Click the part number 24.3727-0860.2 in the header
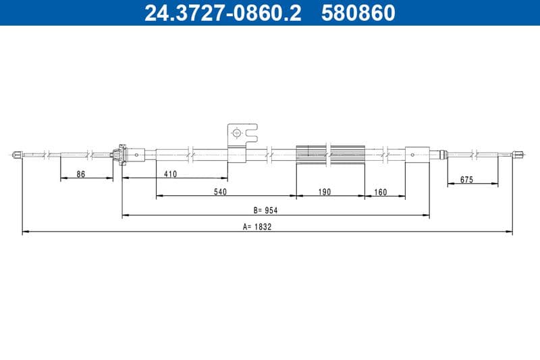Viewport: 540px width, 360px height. point(223,13)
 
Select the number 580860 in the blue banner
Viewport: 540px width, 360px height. point(358,13)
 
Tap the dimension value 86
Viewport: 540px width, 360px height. point(80,174)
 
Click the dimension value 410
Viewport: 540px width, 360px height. point(171,174)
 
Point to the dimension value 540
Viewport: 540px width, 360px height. point(221,192)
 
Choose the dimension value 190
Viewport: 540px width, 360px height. point(325,192)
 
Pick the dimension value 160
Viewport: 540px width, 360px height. point(381,192)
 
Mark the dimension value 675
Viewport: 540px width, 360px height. point(466,180)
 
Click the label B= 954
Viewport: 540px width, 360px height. point(265,210)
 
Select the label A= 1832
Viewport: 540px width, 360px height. point(257,227)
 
